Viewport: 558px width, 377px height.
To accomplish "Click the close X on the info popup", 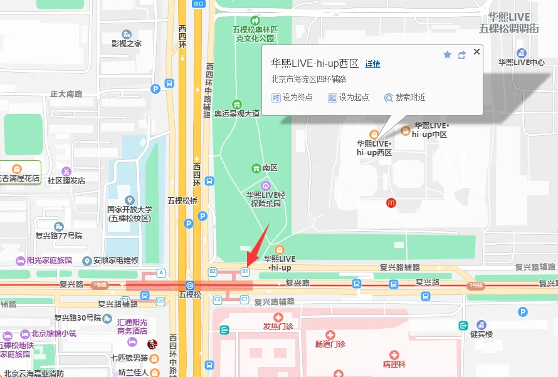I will [476, 52].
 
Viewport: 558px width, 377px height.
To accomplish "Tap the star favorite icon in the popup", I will [447, 55].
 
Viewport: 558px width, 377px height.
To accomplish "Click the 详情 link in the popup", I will [372, 64].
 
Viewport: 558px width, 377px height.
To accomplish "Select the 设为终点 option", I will [292, 98].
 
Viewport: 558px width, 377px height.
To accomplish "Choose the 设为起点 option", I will [349, 98].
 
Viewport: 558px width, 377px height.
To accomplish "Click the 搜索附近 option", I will [405, 98].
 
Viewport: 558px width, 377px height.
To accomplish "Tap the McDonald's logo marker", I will [391, 203].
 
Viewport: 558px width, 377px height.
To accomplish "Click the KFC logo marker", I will [151, 344].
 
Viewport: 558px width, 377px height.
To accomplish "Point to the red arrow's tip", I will [247, 265].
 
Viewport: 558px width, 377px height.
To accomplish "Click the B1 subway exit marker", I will [245, 272].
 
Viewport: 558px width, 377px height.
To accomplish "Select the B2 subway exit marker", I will [213, 272].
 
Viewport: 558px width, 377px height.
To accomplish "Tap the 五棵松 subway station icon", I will [189, 285].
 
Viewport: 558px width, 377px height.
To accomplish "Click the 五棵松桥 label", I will [182, 201].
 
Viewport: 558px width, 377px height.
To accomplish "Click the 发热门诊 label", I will [278, 326].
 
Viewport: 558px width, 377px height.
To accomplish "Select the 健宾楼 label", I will [482, 334].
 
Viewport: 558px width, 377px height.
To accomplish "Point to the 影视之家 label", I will [127, 43].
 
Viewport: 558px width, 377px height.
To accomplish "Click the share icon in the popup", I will [462, 55].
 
